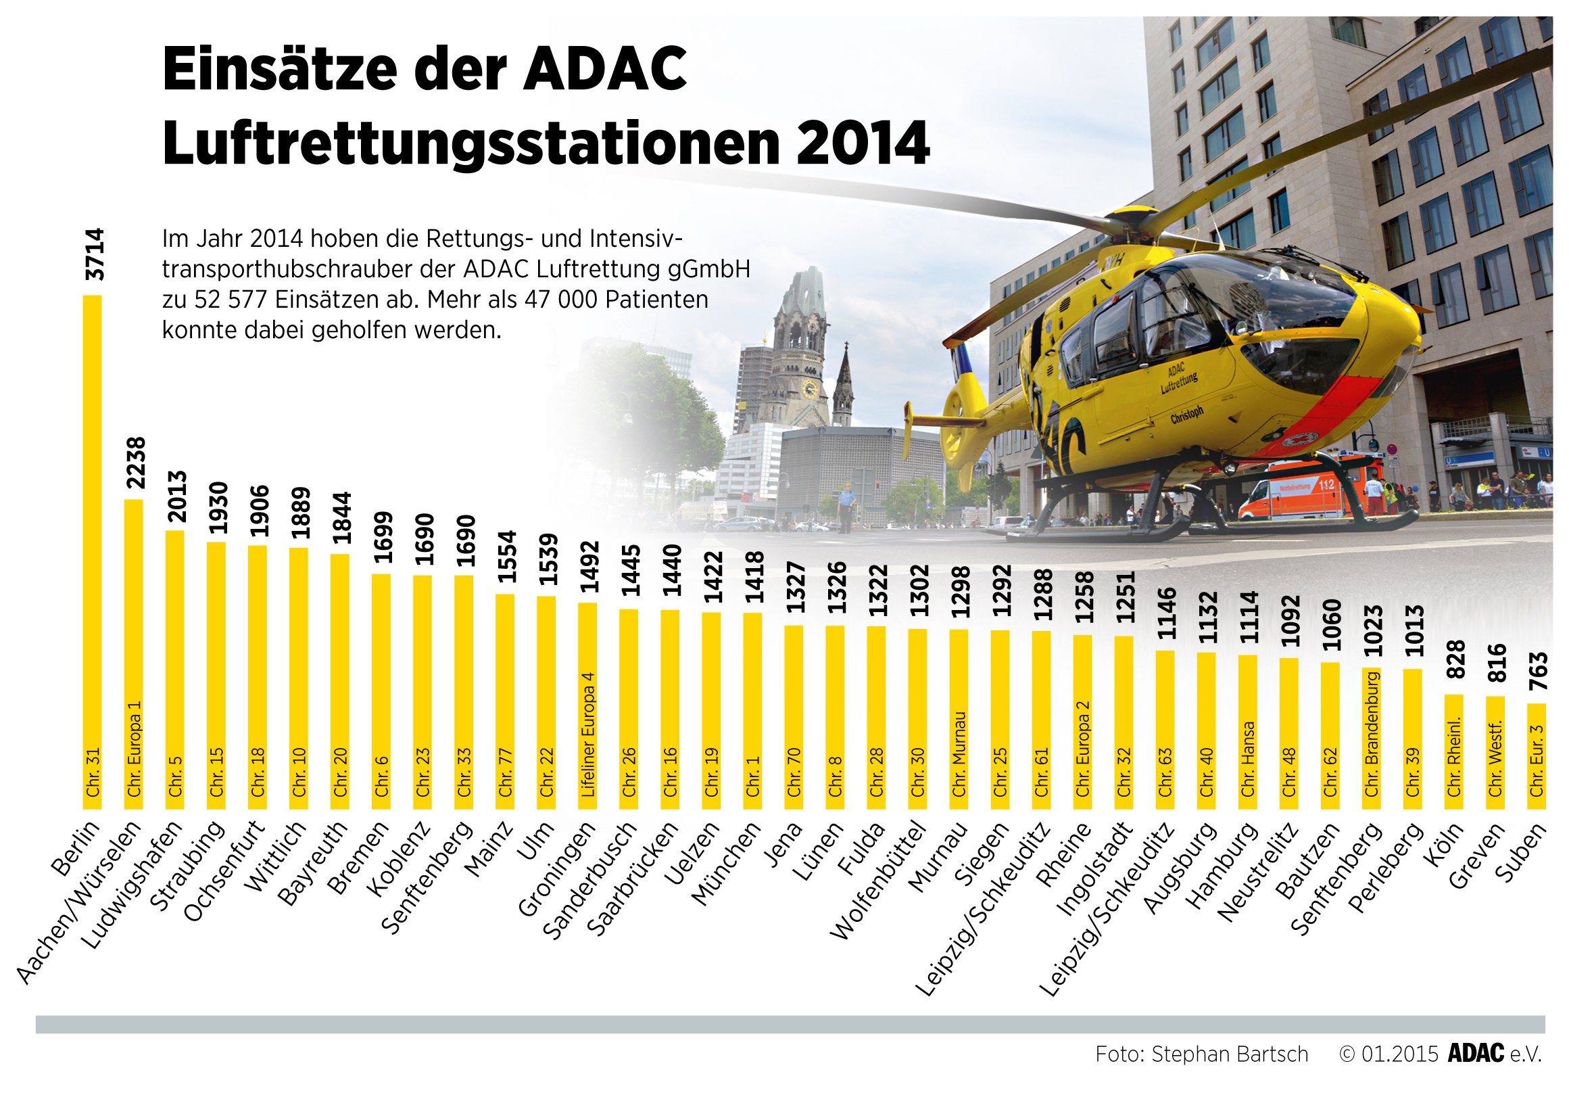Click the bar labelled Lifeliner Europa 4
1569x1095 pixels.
587,704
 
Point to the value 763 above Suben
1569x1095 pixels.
1537,671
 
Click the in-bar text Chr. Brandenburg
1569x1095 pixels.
1372,735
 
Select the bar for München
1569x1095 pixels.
752,711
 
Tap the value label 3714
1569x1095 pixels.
95,254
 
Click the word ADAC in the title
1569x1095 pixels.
605,70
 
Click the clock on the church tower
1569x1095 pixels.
809,388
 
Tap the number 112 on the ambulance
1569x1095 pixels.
1326,485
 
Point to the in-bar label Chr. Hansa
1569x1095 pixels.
1248,759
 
